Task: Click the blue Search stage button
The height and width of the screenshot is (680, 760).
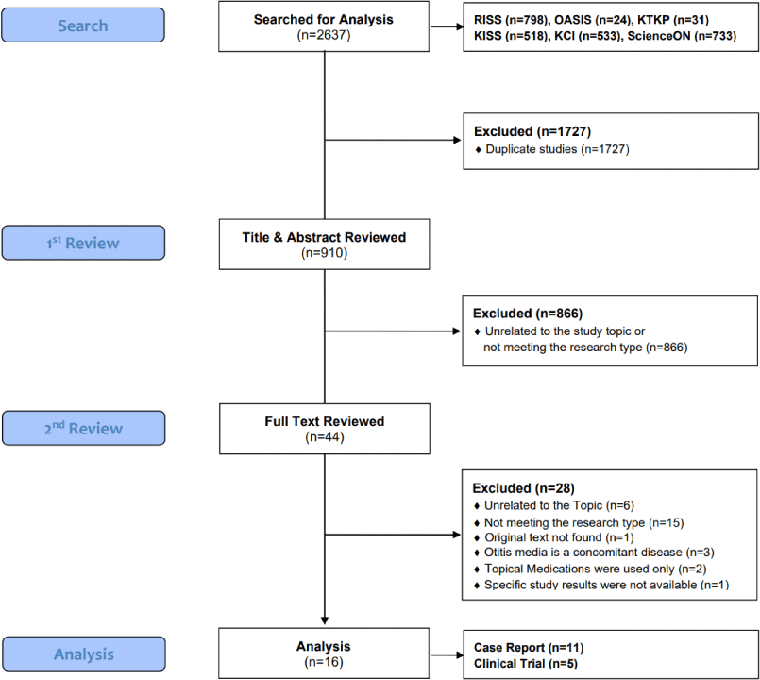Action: [83, 25]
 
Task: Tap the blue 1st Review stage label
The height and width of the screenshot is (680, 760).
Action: [83, 243]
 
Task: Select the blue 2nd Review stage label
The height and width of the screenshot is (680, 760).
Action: [83, 428]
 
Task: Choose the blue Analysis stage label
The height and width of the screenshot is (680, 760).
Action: [83, 654]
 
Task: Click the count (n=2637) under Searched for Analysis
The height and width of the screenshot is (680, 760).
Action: [324, 35]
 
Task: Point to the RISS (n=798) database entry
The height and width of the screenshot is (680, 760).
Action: [511, 20]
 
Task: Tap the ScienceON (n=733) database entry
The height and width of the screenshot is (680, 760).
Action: [682, 36]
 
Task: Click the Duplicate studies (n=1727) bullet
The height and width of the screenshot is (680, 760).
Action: [552, 149]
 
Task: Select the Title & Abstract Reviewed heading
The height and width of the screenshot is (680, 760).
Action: [324, 237]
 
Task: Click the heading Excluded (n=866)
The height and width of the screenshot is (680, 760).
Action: [528, 314]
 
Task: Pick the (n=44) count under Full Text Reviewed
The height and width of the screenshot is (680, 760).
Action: [324, 437]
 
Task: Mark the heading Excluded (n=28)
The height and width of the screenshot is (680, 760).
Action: [523, 488]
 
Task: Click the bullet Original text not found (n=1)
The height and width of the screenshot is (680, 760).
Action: [554, 537]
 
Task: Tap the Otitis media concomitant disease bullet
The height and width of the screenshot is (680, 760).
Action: [594, 552]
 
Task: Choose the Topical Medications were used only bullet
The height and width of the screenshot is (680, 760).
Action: [590, 569]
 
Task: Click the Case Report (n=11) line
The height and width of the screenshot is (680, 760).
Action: [529, 648]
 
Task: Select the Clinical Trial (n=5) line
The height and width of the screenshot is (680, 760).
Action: [526, 664]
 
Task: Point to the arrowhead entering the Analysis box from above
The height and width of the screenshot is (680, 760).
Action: [325, 620]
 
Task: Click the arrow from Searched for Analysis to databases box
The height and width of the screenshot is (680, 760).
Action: [447, 26]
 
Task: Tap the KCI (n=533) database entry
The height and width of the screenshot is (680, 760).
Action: [588, 36]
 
